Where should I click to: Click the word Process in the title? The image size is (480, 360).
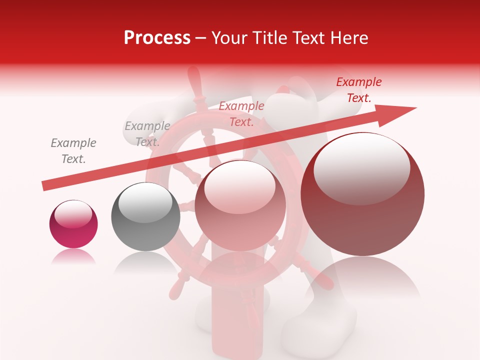[x=157, y=38]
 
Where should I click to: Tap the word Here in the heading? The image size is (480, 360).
[x=349, y=38]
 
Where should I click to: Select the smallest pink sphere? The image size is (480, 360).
[x=73, y=224]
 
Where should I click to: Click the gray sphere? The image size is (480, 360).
[x=145, y=216]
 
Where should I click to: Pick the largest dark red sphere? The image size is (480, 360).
[x=362, y=194]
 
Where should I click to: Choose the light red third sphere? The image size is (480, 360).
[x=240, y=205]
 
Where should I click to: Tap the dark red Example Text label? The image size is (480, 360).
[x=359, y=90]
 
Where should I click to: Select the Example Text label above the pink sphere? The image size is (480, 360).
[x=73, y=151]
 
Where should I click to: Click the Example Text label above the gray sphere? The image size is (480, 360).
[x=147, y=134]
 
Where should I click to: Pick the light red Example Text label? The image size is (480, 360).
[x=241, y=114]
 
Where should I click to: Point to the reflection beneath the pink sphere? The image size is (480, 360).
[x=73, y=257]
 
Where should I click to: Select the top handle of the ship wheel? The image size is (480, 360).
[x=194, y=80]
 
